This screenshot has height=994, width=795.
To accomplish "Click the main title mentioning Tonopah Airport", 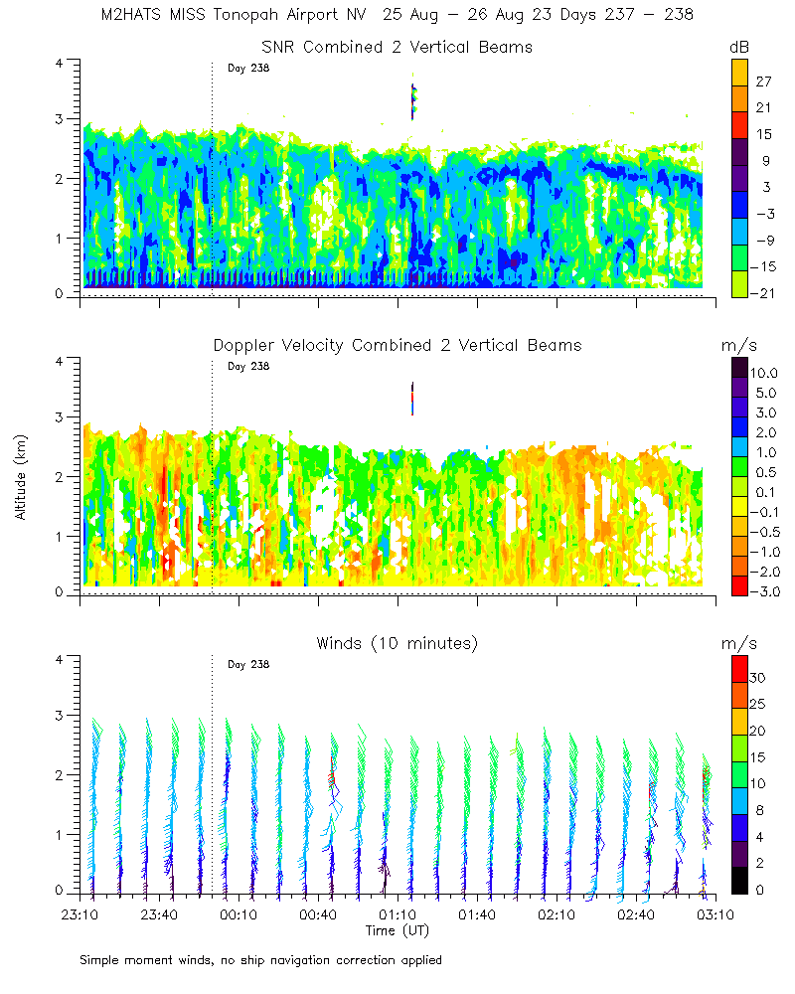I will (x=397, y=16).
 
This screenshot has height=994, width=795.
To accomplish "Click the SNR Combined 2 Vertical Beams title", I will (x=397, y=47).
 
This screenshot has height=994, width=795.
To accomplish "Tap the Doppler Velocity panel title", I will (x=397, y=345).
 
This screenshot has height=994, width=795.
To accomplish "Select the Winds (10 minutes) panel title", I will (x=397, y=643).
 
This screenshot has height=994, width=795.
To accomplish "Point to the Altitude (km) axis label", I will (x=20, y=477).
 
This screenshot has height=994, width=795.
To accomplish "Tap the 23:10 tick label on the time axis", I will (x=79, y=914).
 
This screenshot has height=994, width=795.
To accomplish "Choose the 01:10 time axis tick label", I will (x=397, y=914).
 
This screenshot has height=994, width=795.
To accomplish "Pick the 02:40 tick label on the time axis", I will (x=636, y=914).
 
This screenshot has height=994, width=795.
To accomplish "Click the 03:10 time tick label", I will (x=715, y=914).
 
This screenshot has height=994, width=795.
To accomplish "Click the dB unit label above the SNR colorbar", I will (x=739, y=47).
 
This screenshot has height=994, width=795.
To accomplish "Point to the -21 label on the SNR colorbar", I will (x=765, y=292).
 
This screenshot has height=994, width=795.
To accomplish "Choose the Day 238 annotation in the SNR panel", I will (x=248, y=68).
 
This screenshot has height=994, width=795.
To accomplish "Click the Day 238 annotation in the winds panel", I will (x=248, y=664).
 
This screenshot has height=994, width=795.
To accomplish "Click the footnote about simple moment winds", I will (x=261, y=960).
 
